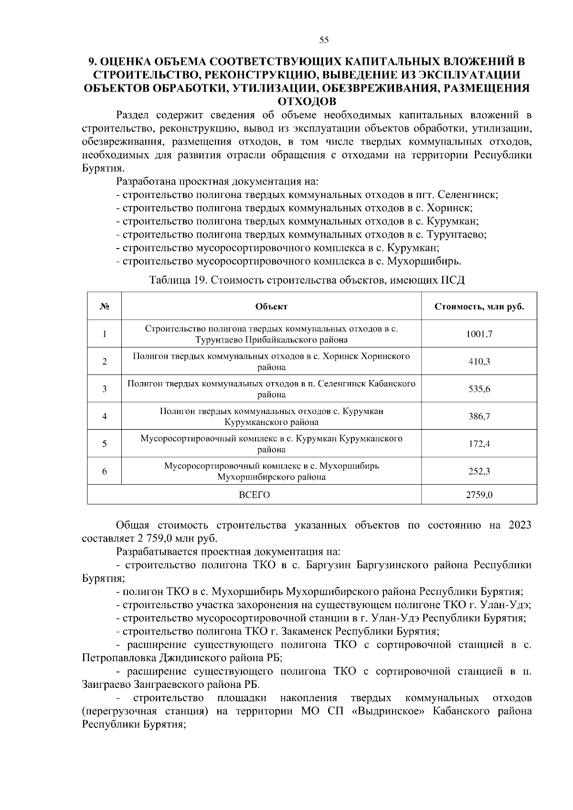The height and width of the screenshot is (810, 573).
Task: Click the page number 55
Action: click(324, 41)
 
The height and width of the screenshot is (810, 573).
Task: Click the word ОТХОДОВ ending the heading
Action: click(307, 102)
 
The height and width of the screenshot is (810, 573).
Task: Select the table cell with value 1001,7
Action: click(479, 334)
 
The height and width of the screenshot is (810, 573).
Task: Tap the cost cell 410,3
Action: click(479, 362)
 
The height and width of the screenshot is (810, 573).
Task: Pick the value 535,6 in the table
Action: click(479, 389)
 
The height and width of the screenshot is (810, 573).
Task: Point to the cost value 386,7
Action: click(479, 416)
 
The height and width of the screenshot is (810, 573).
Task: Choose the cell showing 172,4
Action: click(479, 444)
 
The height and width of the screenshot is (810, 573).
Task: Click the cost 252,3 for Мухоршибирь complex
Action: click(479, 471)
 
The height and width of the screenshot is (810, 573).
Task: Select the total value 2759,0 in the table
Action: click(479, 495)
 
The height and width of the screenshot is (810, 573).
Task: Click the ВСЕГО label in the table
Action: click(254, 495)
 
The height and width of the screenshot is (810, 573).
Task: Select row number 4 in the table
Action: click(104, 416)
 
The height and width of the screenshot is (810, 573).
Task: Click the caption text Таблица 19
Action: click(177, 280)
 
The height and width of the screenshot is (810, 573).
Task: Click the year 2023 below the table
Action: click(520, 526)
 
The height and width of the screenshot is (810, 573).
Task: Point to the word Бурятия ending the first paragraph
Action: click(103, 168)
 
